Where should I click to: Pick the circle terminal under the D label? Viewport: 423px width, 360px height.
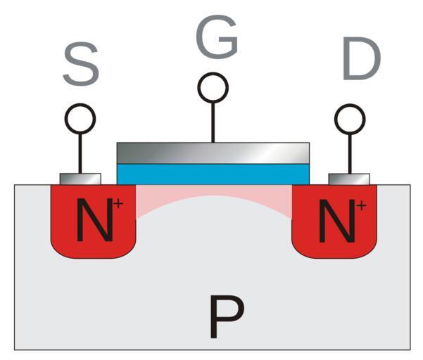[349, 119]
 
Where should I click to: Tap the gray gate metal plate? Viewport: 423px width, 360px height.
[213, 152]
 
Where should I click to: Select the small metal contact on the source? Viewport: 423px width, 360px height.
[80, 179]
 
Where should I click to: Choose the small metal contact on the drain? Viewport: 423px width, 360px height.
[349, 179]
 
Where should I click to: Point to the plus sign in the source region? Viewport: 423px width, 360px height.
[118, 204]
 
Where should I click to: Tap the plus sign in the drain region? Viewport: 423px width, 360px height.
[360, 205]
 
